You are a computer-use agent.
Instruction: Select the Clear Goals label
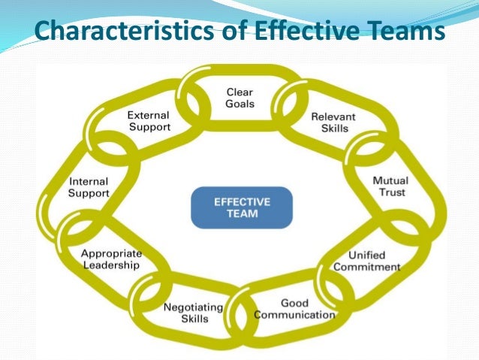coord(240,98)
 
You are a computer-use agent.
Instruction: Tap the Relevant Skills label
coord(333,123)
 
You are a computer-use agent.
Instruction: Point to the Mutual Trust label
coord(390,186)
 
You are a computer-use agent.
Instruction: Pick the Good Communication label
coord(294,309)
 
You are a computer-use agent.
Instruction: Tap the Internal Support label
coord(89,187)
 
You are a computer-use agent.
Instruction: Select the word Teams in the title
coord(402,32)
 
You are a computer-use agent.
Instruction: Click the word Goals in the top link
coord(240,104)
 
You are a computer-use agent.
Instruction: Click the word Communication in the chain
coord(294,314)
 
